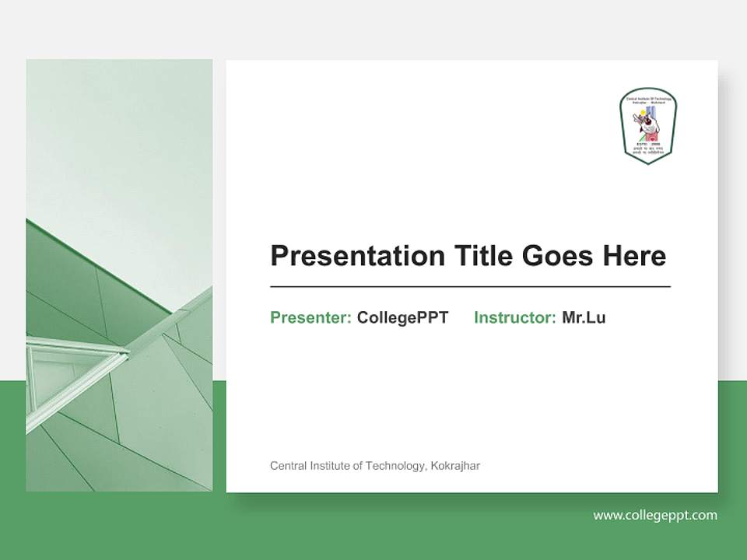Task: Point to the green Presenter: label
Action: [x=310, y=317]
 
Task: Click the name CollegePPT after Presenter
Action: [x=402, y=317]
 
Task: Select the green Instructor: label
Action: [x=514, y=317]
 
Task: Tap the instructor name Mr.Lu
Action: [x=584, y=317]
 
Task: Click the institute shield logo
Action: [x=647, y=125]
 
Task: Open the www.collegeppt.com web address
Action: [x=655, y=515]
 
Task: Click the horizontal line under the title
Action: [x=470, y=287]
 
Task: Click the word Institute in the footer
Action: [x=328, y=466]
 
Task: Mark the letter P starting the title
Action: [x=279, y=256]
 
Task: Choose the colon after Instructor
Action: [x=553, y=319]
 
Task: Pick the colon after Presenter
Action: [x=349, y=319]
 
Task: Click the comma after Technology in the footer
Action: [x=425, y=469]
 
